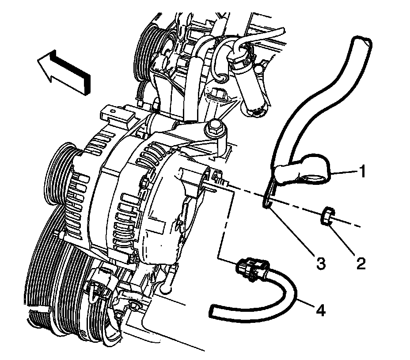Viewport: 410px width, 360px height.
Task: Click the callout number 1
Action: tap(362, 171)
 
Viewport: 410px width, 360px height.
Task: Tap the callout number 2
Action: tap(361, 264)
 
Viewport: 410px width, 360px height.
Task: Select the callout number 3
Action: tap(319, 264)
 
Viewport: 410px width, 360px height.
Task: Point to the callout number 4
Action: tap(321, 311)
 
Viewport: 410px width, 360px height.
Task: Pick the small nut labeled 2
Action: tap(327, 217)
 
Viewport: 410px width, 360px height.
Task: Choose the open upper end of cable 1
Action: tap(362, 44)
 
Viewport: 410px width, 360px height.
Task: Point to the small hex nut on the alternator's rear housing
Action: tap(145, 182)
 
